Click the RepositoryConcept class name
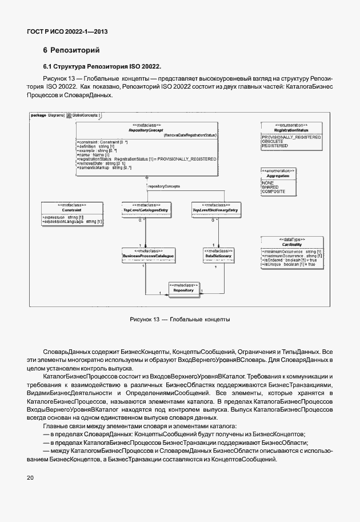tap(146, 131)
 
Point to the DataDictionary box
tap(215, 254)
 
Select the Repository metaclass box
tap(183, 288)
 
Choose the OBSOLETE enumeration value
tap(272, 142)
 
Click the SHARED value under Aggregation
tap(270, 187)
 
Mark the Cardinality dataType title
tap(291, 244)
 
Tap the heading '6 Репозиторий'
tap(67, 50)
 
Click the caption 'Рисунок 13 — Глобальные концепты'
tap(179, 318)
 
